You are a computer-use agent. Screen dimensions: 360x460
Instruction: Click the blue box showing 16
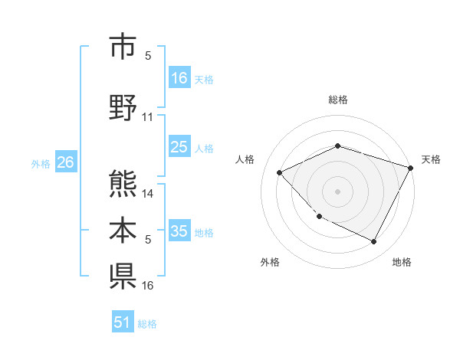point(179,78)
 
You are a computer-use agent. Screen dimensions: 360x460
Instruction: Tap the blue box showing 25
point(179,147)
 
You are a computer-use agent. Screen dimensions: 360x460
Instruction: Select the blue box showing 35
point(179,232)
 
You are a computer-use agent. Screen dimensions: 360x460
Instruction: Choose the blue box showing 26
point(65,162)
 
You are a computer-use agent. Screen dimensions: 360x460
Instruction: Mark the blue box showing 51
point(123,322)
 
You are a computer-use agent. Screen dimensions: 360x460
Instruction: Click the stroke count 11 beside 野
point(148,117)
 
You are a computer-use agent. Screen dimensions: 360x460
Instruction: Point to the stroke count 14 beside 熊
point(148,193)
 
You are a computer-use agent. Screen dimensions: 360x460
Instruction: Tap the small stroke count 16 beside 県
point(148,285)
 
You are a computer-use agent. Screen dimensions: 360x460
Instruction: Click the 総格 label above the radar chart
point(337,100)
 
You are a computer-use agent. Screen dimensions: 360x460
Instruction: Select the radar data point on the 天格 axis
point(411,168)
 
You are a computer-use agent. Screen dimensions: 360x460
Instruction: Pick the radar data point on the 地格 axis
point(373,241)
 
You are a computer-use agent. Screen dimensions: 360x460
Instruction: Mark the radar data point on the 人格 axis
point(280,173)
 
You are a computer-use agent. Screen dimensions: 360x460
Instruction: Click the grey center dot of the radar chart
point(337,191)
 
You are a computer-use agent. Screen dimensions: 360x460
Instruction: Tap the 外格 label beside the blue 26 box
point(41,163)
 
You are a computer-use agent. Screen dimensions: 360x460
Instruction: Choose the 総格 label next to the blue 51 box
point(147,324)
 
